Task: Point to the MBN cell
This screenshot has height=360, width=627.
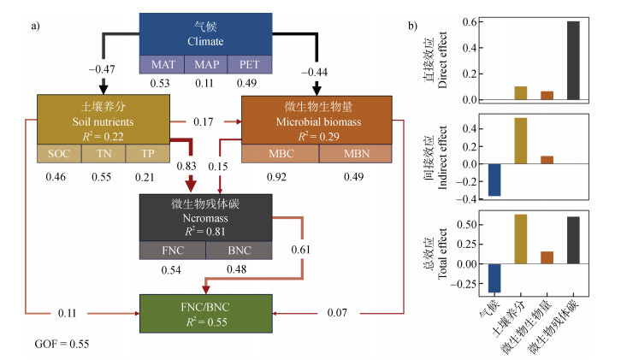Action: click(x=355, y=154)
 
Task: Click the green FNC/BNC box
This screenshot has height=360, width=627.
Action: click(x=205, y=314)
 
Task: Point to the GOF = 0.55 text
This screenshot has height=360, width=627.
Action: click(x=61, y=345)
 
